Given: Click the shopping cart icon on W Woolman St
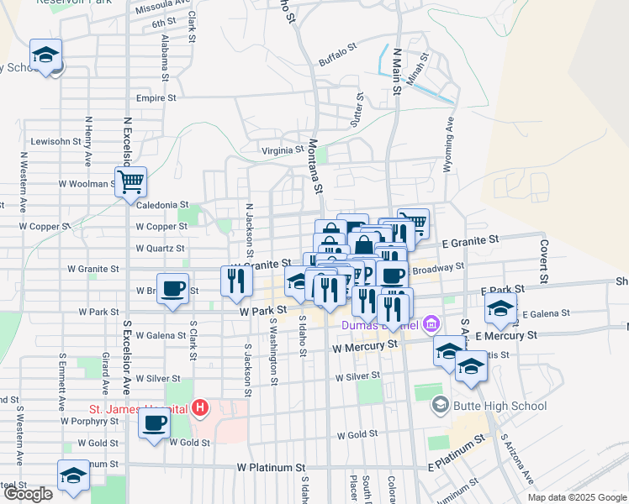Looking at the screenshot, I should (130, 181).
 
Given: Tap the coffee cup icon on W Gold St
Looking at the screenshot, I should (154, 423).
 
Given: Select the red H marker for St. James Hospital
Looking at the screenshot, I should (200, 409).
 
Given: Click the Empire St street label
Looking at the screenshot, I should (156, 97).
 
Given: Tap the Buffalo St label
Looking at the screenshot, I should (338, 61).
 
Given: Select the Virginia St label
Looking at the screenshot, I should (282, 150).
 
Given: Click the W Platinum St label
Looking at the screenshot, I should (271, 467).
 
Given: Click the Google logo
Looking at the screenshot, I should (29, 494).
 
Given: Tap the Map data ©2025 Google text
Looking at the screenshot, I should (576, 497).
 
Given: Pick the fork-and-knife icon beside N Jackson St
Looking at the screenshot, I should (237, 280).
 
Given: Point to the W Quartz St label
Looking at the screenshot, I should (161, 249).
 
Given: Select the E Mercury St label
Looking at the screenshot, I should (505, 335).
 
